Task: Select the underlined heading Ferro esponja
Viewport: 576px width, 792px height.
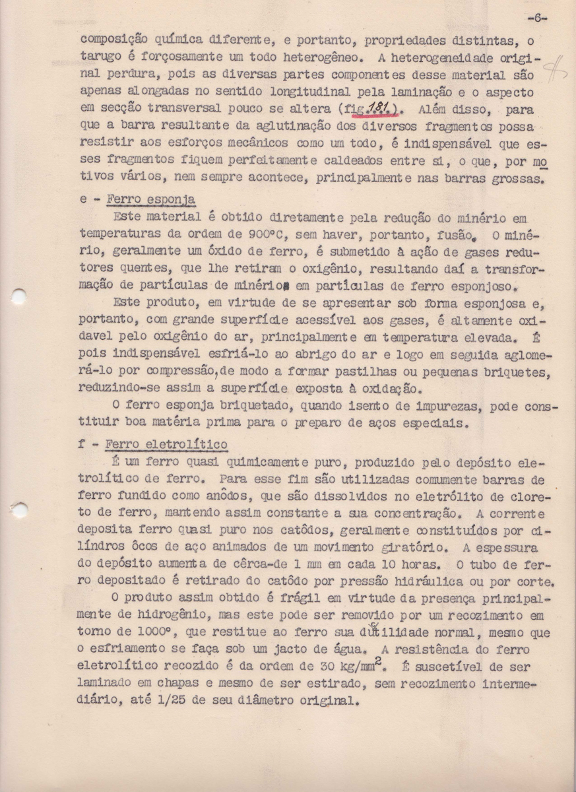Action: click(150, 199)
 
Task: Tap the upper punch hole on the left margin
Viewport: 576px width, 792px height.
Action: click(18, 296)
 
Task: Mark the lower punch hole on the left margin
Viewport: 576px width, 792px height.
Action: click(19, 509)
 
